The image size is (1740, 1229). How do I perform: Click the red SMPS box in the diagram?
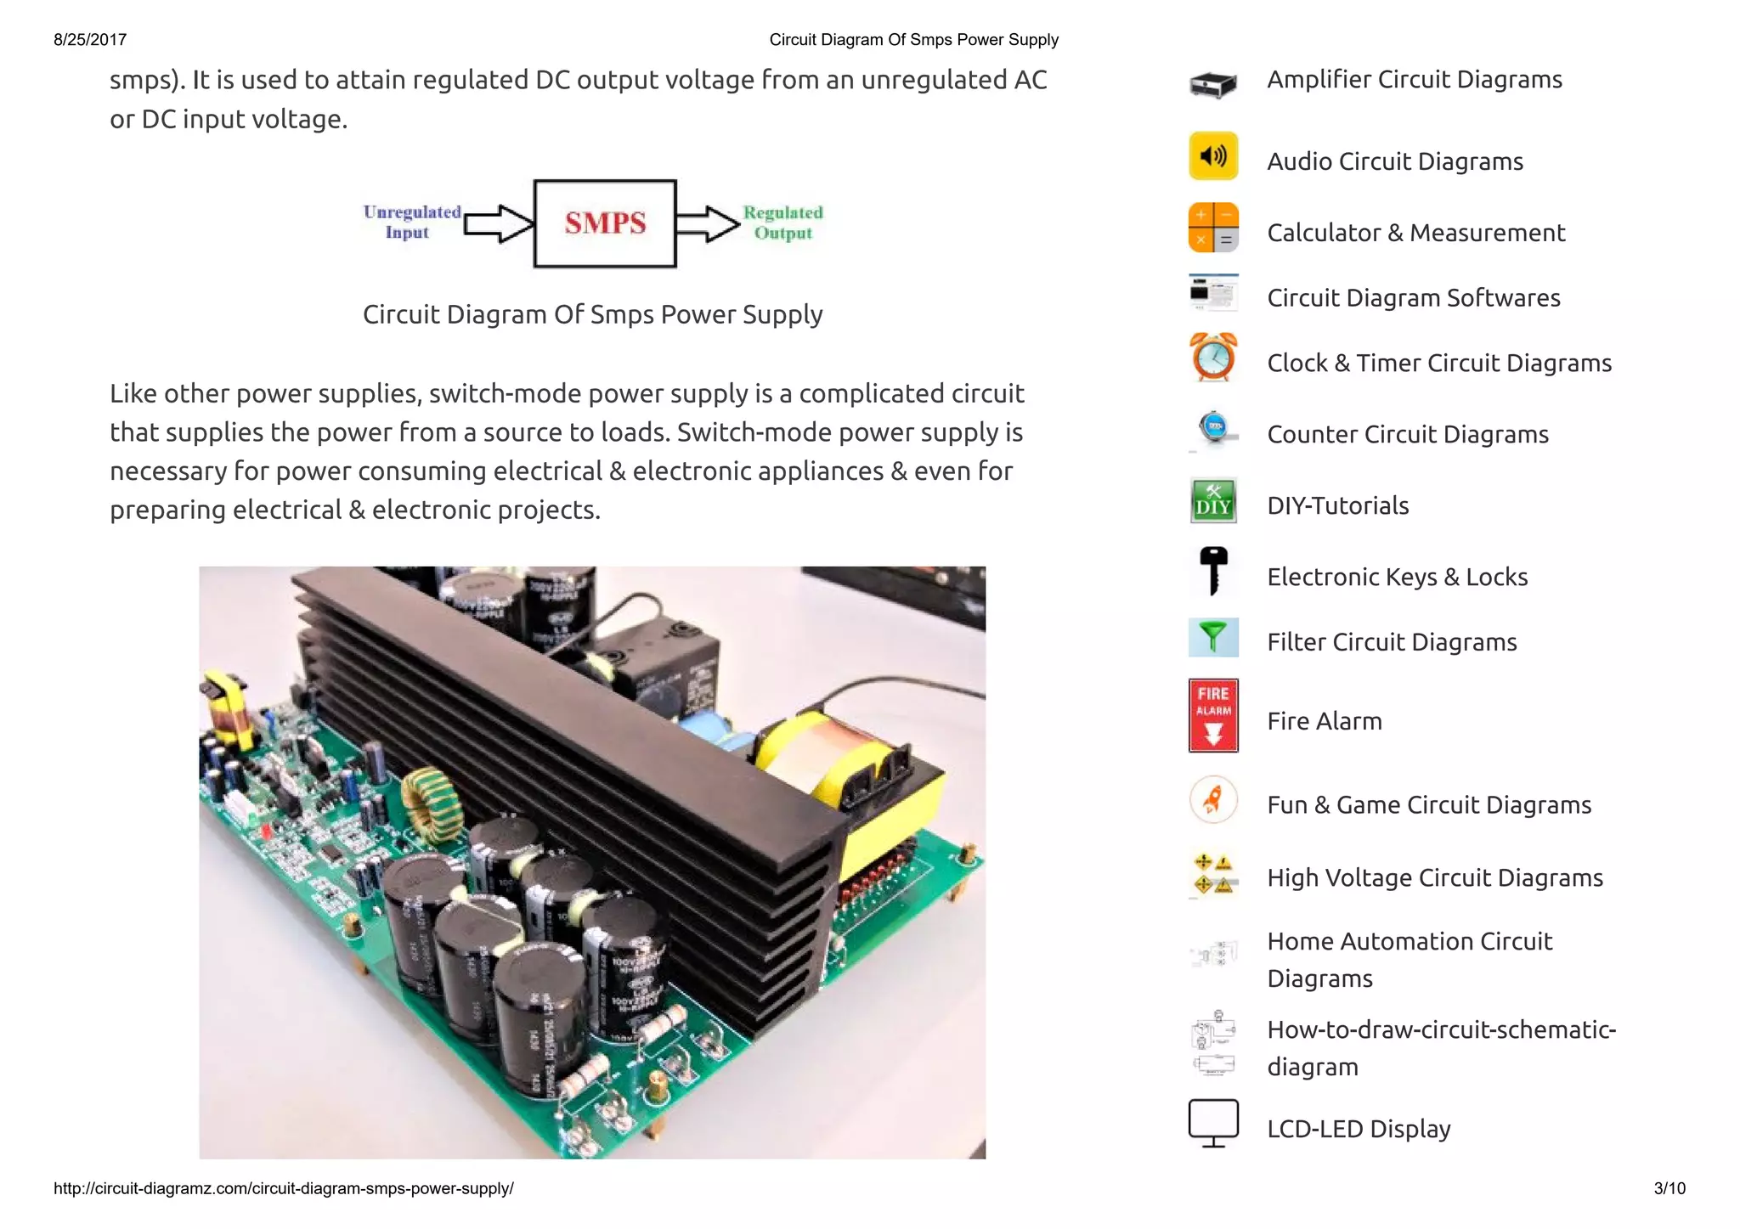pyautogui.click(x=605, y=223)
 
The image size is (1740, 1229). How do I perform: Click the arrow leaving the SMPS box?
pyautogui.click(x=708, y=223)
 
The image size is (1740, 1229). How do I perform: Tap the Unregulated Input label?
pyautogui.click(x=411, y=222)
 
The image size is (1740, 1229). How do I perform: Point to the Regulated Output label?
pyautogui.click(x=782, y=223)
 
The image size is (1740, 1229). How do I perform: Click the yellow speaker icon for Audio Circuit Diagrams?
pyautogui.click(x=1213, y=156)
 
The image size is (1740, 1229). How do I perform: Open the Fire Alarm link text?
pyautogui.click(x=1324, y=721)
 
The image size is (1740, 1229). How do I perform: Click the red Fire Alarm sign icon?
pyautogui.click(x=1213, y=715)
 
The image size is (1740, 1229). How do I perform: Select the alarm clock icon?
pyautogui.click(x=1213, y=358)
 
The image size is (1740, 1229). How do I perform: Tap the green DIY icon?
pyautogui.click(x=1213, y=501)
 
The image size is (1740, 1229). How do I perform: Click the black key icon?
pyautogui.click(x=1213, y=571)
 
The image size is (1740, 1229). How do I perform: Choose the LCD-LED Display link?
pyautogui.click(x=1358, y=1129)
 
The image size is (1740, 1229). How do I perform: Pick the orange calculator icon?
pyautogui.click(x=1213, y=228)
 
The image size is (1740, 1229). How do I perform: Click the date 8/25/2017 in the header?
pyautogui.click(x=90, y=40)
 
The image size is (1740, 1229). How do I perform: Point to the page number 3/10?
pyautogui.click(x=1669, y=1188)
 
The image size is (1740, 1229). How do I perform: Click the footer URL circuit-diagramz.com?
pyautogui.click(x=283, y=1188)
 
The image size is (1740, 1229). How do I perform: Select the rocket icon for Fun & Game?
pyautogui.click(x=1213, y=800)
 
